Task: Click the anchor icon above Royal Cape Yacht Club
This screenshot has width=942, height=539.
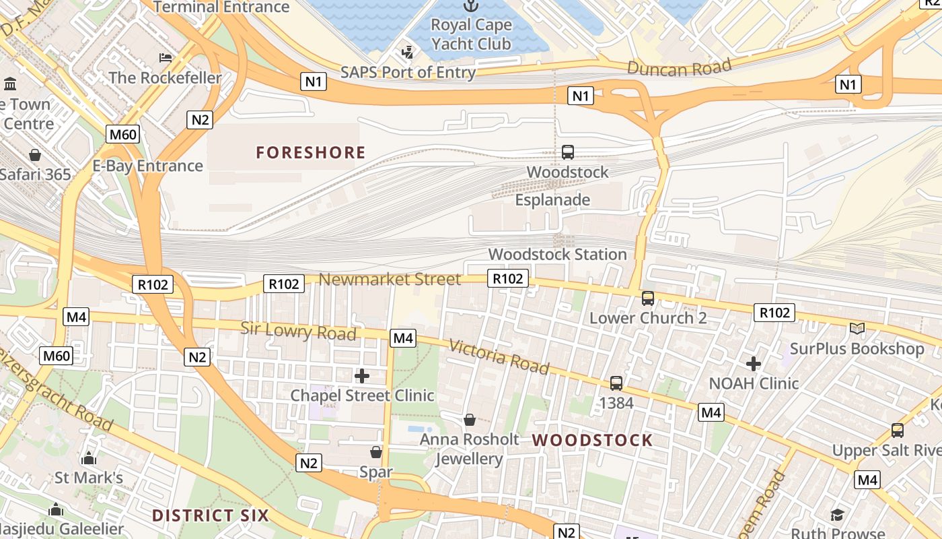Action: click(x=471, y=6)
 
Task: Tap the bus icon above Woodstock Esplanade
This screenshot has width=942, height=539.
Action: click(x=568, y=152)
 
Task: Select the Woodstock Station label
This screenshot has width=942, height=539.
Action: click(x=557, y=255)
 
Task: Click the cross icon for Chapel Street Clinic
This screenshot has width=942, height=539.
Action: click(x=362, y=375)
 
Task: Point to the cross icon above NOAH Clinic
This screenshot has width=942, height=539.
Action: click(x=754, y=364)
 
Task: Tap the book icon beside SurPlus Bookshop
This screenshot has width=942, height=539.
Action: click(x=857, y=328)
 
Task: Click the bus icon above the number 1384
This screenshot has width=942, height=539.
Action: click(x=616, y=383)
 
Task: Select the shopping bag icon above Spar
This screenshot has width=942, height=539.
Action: click(x=376, y=451)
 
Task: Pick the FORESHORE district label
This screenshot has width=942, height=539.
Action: click(x=311, y=153)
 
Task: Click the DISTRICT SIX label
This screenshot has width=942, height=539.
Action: click(x=211, y=516)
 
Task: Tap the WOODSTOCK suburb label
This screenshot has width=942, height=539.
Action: click(x=593, y=441)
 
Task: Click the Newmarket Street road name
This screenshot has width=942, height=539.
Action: click(x=390, y=279)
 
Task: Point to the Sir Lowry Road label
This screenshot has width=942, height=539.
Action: click(x=298, y=331)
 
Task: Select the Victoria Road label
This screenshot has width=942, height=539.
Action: click(x=499, y=356)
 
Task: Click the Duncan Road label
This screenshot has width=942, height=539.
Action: click(x=679, y=67)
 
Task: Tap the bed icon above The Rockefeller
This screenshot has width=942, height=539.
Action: click(x=165, y=58)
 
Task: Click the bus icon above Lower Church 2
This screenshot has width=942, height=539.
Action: click(x=648, y=298)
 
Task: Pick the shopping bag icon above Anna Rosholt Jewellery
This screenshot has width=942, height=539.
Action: click(x=470, y=420)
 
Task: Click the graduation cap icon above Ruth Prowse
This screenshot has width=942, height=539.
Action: click(x=837, y=515)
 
